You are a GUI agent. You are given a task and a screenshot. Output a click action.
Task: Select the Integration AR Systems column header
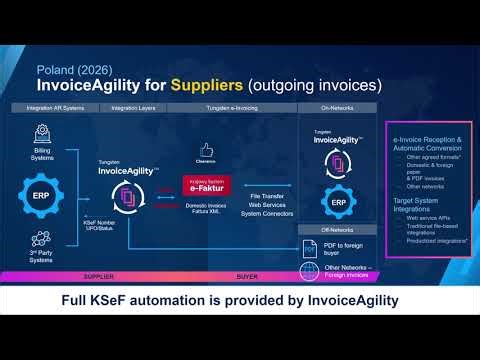[x=55, y=107]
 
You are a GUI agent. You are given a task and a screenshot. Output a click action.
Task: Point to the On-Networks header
[x=335, y=107]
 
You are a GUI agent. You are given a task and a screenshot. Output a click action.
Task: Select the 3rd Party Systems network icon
[x=42, y=240]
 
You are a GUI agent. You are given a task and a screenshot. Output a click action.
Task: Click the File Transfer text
[x=269, y=180]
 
